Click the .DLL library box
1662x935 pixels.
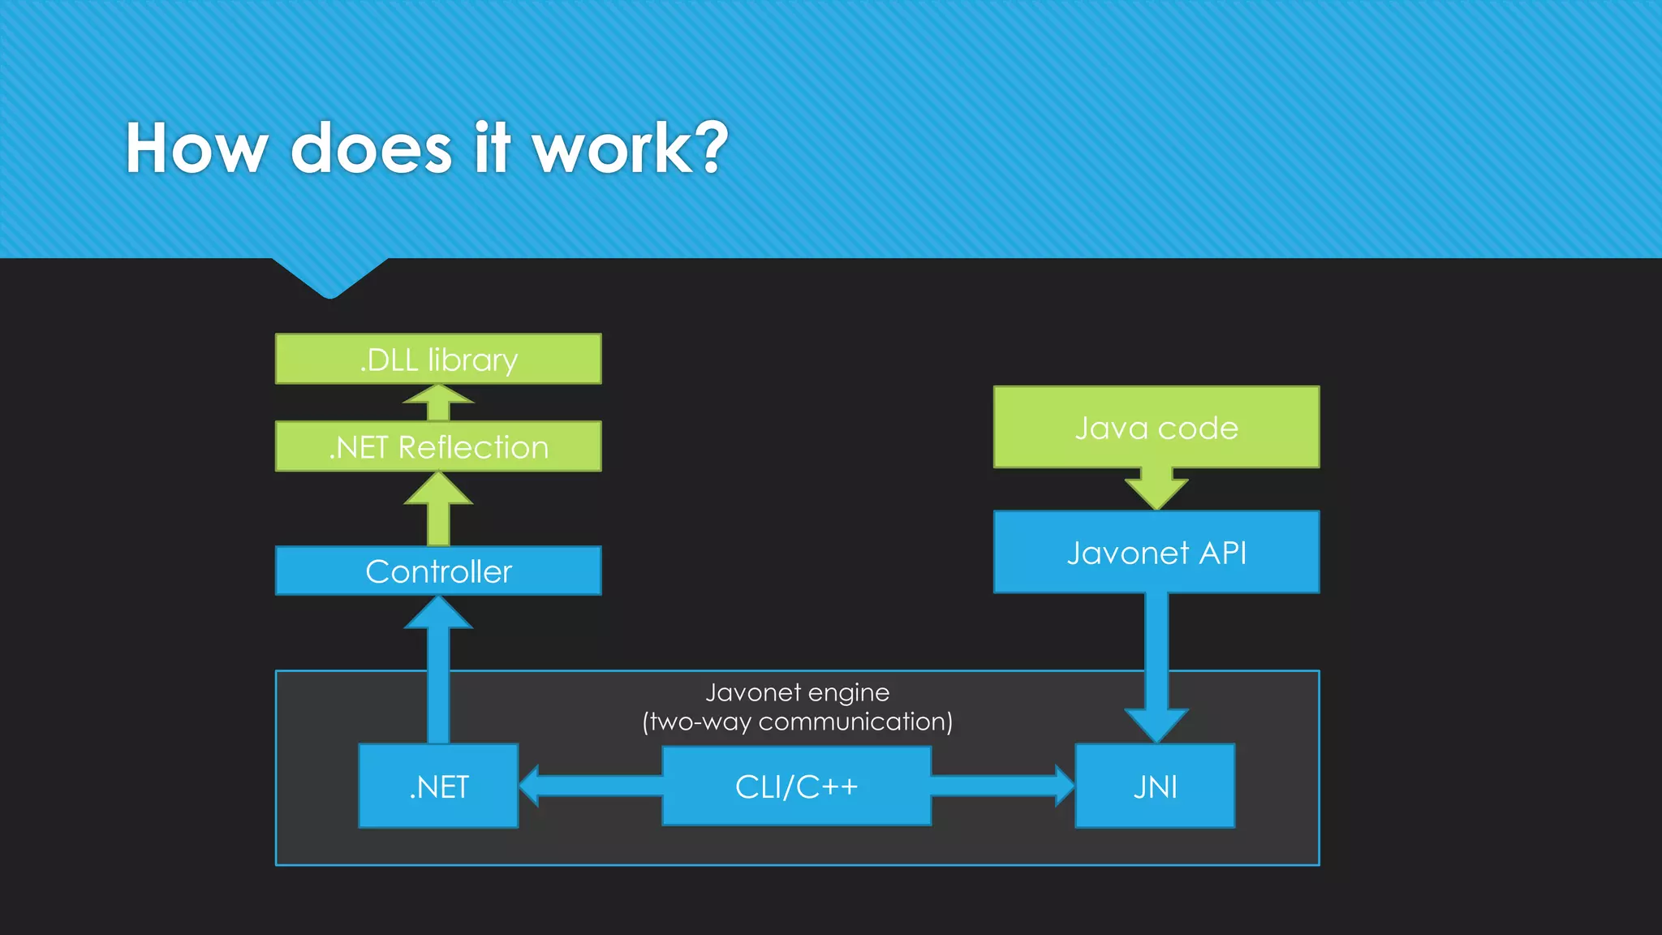point(438,359)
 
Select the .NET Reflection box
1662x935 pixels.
point(438,446)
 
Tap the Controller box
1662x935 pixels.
point(438,571)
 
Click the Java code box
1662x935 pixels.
point(1156,427)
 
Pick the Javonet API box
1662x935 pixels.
point(1156,552)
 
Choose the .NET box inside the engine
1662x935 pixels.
point(438,786)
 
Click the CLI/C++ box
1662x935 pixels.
point(796,786)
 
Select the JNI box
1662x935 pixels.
point(1155,786)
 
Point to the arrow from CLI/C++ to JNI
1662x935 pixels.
point(1002,786)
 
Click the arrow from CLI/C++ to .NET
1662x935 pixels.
point(591,786)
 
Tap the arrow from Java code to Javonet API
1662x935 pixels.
point(1156,488)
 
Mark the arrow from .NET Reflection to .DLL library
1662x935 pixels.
point(438,403)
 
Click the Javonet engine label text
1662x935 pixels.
point(797,692)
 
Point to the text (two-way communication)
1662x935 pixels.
point(797,722)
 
